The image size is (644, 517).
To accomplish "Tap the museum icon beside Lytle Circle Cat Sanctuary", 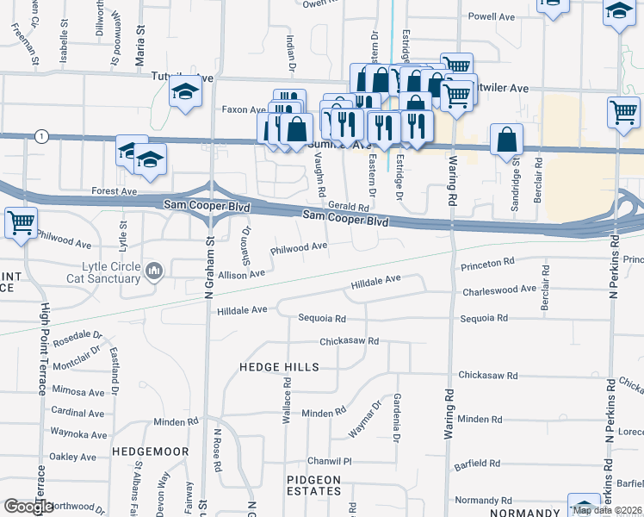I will click(154, 272).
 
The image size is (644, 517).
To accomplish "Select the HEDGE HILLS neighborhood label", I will click(279, 367).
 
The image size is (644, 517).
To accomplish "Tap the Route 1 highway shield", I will click(40, 136).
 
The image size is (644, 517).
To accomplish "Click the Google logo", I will click(28, 508).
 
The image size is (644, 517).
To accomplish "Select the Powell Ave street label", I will click(491, 16).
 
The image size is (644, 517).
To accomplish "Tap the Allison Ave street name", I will click(242, 274).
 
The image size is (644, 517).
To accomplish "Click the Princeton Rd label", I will click(487, 260).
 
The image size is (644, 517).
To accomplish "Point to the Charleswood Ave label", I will click(499, 290).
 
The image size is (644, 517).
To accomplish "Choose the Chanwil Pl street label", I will click(331, 461).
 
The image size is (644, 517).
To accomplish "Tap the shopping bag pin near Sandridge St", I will click(506, 139).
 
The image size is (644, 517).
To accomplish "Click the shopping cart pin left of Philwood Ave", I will click(21, 222).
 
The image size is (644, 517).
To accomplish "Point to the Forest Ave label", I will click(115, 190).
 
